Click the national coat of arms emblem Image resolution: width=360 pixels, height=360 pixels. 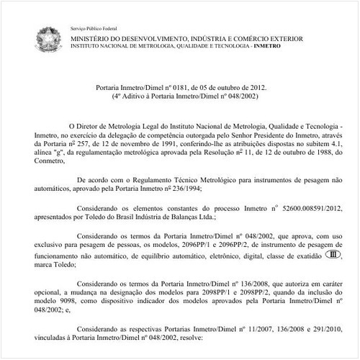tap(48, 37)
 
